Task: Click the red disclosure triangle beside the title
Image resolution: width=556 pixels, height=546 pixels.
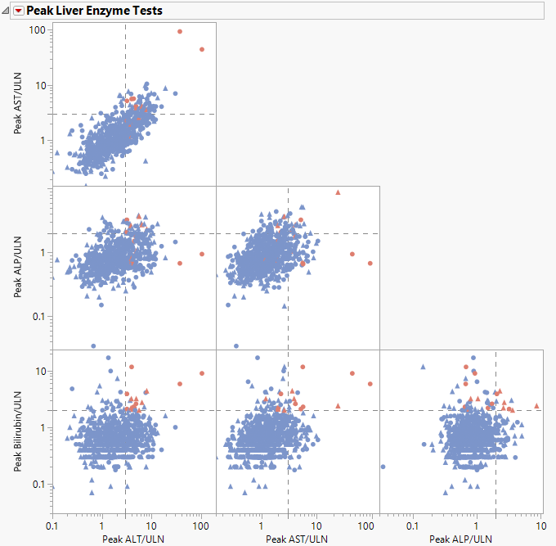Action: pyautogui.click(x=19, y=11)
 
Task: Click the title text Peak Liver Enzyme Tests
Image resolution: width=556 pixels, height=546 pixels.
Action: pyautogui.click(x=94, y=11)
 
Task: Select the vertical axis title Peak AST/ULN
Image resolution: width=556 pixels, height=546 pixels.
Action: pyautogui.click(x=17, y=104)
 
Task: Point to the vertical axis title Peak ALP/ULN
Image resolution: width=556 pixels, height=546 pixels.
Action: pyautogui.click(x=17, y=268)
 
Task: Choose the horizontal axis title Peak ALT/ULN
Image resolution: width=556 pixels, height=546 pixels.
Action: pyautogui.click(x=133, y=539)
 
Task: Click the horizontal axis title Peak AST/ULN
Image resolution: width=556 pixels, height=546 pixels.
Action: pyautogui.click(x=297, y=539)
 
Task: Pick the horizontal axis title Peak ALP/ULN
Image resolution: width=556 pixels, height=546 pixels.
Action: pyautogui.click(x=460, y=539)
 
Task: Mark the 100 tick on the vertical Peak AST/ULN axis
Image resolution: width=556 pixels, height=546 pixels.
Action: pyautogui.click(x=37, y=30)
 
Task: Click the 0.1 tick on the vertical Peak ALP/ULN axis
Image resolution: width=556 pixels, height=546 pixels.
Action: pyautogui.click(x=37, y=317)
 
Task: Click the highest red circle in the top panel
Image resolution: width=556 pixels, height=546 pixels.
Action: pyautogui.click(x=180, y=32)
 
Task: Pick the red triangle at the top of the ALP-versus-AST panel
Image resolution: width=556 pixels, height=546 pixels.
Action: pyautogui.click(x=338, y=192)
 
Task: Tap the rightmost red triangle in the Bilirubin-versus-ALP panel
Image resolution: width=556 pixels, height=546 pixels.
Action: pyautogui.click(x=537, y=405)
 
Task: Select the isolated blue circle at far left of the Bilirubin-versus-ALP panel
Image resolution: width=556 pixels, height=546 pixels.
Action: pyautogui.click(x=383, y=467)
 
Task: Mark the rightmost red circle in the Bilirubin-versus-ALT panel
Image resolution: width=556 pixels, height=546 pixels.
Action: pyautogui.click(x=202, y=373)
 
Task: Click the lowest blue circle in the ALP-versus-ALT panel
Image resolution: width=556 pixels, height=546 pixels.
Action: pyautogui.click(x=93, y=345)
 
